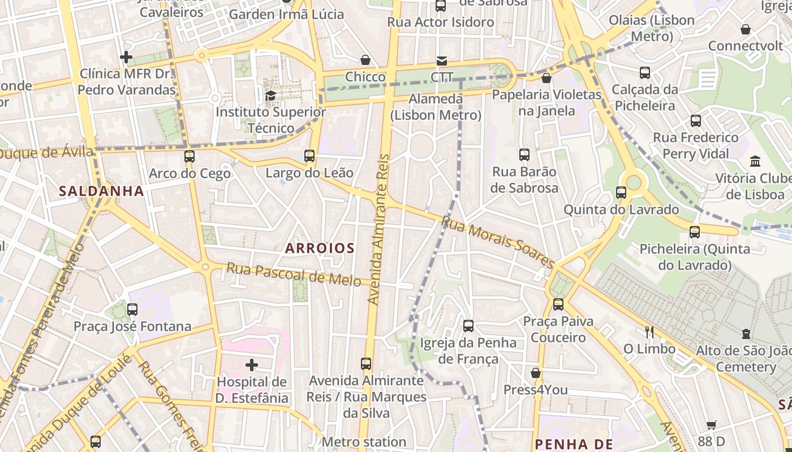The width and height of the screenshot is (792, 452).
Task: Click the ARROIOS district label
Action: (x=320, y=248)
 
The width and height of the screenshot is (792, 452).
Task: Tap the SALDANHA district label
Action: (x=102, y=191)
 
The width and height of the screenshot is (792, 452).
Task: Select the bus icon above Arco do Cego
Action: (x=190, y=157)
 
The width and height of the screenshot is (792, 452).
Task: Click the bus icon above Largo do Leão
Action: (x=309, y=156)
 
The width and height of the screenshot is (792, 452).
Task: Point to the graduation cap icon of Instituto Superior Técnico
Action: (x=270, y=95)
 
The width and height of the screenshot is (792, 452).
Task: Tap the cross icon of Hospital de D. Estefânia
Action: (x=252, y=365)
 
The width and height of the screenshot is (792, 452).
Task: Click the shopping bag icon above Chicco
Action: (x=365, y=60)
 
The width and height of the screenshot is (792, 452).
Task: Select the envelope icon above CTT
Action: (x=441, y=60)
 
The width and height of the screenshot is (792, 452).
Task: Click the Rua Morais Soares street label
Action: (x=498, y=242)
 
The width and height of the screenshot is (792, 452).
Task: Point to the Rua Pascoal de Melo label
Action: (x=294, y=274)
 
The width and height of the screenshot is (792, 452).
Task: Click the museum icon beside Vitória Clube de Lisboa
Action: (x=755, y=162)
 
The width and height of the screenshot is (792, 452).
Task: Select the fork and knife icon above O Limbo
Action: (x=649, y=332)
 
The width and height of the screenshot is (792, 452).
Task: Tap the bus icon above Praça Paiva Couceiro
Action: (x=558, y=305)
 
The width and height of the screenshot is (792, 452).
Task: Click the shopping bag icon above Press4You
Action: (x=535, y=373)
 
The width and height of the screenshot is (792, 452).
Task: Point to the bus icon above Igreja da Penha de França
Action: (x=468, y=325)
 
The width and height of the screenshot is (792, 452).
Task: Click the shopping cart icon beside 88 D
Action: (x=712, y=425)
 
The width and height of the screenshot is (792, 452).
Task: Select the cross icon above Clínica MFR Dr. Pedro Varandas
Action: (x=126, y=57)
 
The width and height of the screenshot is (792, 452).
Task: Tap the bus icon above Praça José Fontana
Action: (x=132, y=310)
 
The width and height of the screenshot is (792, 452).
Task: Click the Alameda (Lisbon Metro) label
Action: (x=436, y=107)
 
